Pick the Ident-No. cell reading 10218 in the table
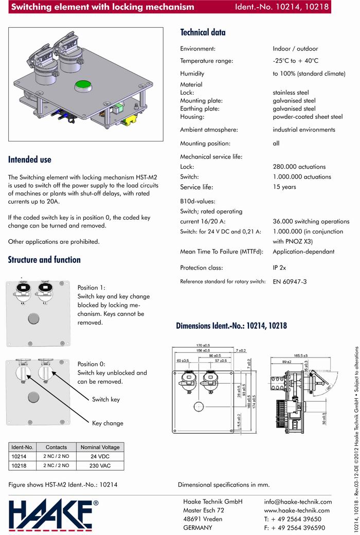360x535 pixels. click(x=19, y=466)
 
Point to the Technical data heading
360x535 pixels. click(x=203, y=32)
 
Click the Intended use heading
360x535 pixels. click(x=29, y=159)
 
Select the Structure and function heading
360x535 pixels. click(x=44, y=260)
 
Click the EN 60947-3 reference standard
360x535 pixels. click(x=290, y=282)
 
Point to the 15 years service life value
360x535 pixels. click(x=284, y=187)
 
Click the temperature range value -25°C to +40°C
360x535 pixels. click(x=296, y=61)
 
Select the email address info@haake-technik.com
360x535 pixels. click(x=298, y=502)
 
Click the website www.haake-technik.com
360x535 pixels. click(x=297, y=510)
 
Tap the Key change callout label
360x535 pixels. click(x=107, y=423)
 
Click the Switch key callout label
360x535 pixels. click(x=106, y=399)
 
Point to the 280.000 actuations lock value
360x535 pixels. click(x=299, y=167)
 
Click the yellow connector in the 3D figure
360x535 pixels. click(x=132, y=122)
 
